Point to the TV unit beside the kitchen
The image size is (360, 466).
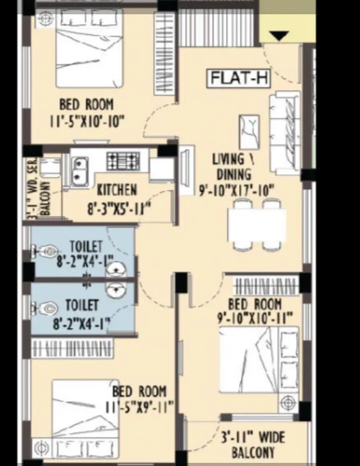coord(186,170)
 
